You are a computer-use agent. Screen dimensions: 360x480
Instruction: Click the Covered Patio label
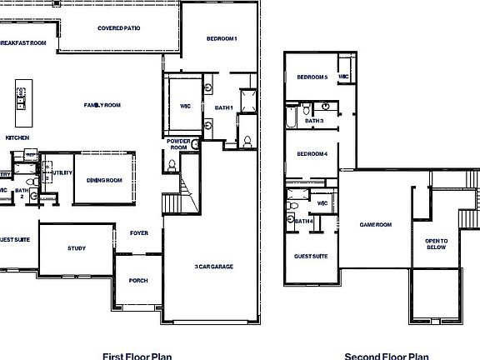point(118,28)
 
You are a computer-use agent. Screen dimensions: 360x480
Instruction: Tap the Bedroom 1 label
point(222,39)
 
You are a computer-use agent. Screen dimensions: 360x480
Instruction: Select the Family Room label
point(102,105)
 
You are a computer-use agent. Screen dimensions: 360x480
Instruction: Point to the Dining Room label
point(105,180)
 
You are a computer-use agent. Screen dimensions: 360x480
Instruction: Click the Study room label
point(77,248)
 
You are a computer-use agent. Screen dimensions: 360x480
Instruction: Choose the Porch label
point(138,281)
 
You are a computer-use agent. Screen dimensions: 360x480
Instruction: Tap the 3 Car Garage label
point(212,267)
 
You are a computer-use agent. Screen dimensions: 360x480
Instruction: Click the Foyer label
point(138,233)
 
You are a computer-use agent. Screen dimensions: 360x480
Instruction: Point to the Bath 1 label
point(223,107)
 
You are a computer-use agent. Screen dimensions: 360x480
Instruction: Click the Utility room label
point(62,172)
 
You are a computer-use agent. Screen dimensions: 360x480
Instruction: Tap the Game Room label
point(375,225)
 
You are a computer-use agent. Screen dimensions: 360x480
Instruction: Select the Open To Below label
point(437,244)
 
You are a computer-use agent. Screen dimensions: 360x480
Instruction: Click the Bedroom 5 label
point(312,77)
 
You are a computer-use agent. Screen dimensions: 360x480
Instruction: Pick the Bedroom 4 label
point(312,153)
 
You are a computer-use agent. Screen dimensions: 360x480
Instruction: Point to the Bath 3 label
point(314,121)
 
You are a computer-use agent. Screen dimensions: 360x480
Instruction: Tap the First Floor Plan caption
point(137,356)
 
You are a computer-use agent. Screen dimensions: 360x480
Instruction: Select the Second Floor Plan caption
point(387,356)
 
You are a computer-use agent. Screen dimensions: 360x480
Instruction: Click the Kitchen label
point(18,137)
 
